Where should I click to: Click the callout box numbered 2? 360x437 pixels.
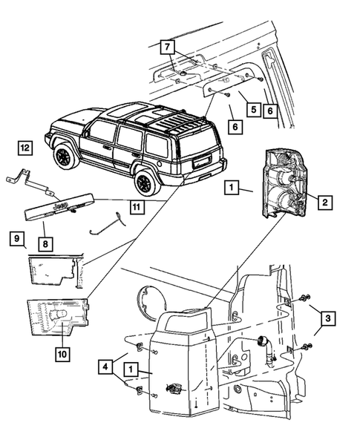point(324,200)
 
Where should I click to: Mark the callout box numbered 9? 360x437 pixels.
point(14,239)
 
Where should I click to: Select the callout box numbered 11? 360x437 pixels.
point(136,208)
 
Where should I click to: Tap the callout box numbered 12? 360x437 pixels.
point(24,148)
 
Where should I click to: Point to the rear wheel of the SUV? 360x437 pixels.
point(144,182)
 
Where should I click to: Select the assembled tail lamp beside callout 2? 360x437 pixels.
point(287,182)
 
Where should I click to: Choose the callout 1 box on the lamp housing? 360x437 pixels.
point(131,367)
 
